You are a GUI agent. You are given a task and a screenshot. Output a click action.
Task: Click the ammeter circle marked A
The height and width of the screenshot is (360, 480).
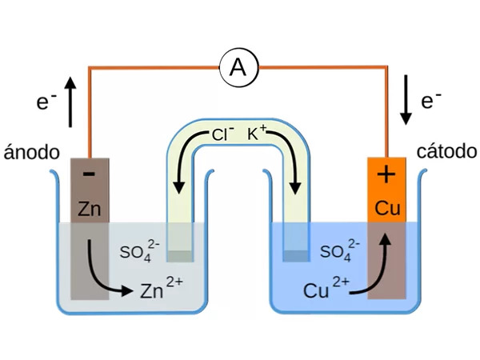point(238,68)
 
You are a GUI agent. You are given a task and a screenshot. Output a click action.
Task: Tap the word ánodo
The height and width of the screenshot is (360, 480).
point(31,152)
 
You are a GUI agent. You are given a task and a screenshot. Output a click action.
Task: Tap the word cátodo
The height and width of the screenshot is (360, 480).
point(446,151)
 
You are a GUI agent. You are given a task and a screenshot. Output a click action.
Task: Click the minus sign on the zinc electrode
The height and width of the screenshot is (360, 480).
point(89,174)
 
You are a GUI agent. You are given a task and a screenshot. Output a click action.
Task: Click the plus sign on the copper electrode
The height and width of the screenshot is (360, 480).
point(386,175)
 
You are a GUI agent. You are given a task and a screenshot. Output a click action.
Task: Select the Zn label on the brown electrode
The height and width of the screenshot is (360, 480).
point(89,209)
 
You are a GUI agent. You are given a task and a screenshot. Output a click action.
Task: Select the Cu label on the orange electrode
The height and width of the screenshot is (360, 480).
point(387,208)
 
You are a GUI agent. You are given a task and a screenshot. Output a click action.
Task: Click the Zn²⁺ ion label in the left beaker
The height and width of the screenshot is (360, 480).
point(162,287)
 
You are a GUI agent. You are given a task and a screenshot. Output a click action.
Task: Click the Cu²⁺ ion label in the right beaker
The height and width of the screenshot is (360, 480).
point(326,287)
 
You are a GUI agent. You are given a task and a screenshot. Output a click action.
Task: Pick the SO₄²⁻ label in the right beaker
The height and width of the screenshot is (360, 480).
point(340,250)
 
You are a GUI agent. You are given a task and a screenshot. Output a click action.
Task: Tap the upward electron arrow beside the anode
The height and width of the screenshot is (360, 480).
point(70,102)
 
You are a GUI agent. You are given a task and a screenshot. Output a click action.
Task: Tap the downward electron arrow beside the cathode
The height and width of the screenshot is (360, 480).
point(406,100)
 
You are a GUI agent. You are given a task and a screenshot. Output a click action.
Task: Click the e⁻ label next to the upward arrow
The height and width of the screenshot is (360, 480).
point(46,101)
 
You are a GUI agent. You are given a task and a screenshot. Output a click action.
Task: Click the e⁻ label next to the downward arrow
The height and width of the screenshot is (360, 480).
point(431,100)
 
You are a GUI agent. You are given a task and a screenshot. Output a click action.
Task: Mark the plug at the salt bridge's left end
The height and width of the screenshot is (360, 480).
point(180,256)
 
